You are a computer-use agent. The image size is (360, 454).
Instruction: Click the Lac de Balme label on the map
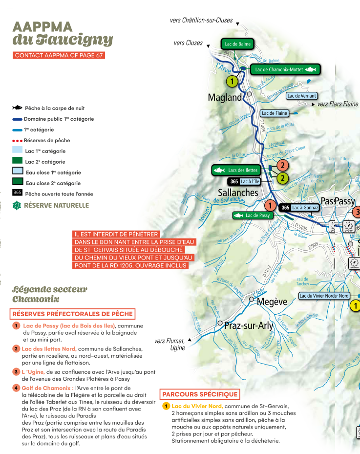click(238, 44)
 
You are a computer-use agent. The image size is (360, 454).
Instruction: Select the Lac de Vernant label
click(301, 96)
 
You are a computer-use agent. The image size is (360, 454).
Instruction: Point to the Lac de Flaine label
click(274, 113)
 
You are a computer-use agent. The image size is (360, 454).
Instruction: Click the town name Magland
click(225, 97)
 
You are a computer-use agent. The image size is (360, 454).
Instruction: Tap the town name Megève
click(272, 302)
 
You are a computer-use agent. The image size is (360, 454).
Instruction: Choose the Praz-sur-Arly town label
click(249, 325)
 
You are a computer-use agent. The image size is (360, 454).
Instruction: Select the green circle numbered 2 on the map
click(282, 178)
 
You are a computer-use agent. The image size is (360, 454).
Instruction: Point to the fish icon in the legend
click(17, 108)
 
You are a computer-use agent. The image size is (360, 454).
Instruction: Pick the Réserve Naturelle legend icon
click(17, 205)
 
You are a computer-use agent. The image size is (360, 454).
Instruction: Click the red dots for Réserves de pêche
click(17, 141)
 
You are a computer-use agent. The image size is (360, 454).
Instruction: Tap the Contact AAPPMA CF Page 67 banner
click(59, 55)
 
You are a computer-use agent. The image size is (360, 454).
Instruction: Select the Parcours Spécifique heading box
click(200, 394)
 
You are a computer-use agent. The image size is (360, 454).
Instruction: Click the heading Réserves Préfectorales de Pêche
click(72, 314)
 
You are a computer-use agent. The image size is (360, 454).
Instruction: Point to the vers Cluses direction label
click(188, 43)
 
